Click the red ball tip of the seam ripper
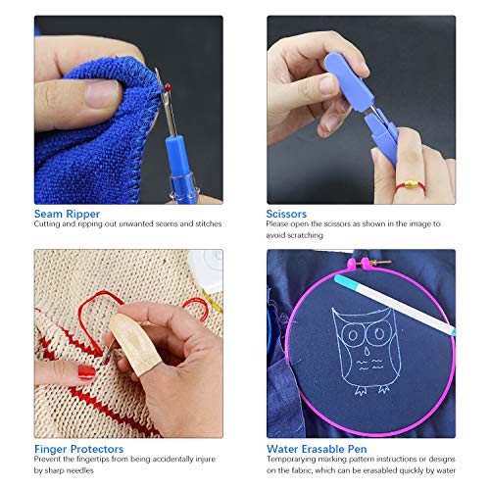(x=168, y=87)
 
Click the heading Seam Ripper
(x=67, y=214)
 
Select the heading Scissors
(x=286, y=214)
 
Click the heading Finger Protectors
(x=79, y=449)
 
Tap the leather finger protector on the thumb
(x=134, y=345)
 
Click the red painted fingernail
(x=86, y=372)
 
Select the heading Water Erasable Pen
(x=317, y=449)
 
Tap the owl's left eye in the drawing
(x=353, y=334)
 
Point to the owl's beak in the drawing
(x=367, y=352)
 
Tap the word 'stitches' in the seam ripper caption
(x=209, y=223)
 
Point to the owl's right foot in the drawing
(x=384, y=389)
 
